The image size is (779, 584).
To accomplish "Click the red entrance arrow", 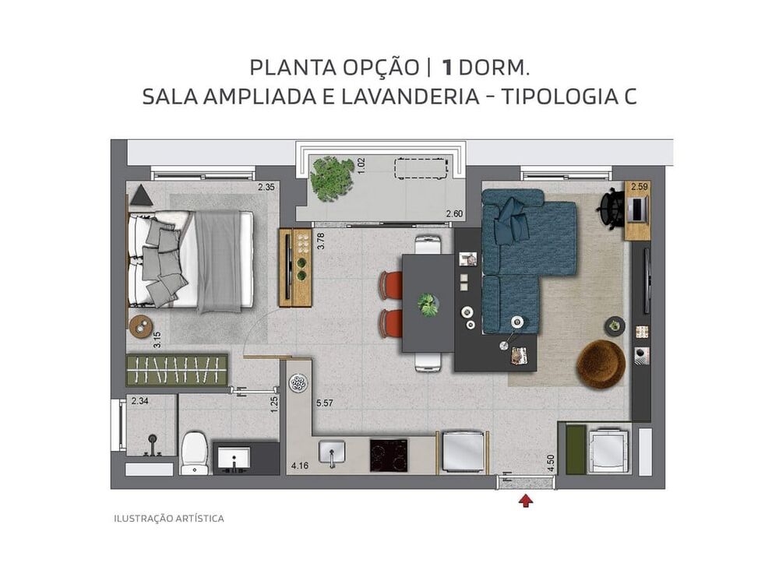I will pyautogui.click(x=527, y=501).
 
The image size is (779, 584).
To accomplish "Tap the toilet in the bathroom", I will pyautogui.click(x=194, y=453).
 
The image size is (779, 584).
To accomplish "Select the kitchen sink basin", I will pyautogui.click(x=332, y=452).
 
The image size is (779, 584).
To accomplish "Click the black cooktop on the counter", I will pyautogui.click(x=388, y=455).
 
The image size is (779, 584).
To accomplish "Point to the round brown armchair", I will pyautogui.click(x=601, y=364).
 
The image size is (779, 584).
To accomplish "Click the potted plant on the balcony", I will pyautogui.click(x=332, y=178).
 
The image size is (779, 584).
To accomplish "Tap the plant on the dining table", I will pyautogui.click(x=428, y=304).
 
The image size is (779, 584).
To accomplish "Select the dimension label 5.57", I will pyautogui.click(x=325, y=403).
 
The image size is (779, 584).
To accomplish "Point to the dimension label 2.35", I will pyautogui.click(x=267, y=187).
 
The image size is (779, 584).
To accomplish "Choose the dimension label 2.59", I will pyautogui.click(x=639, y=187).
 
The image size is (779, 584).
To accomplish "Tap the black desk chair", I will pyautogui.click(x=610, y=208).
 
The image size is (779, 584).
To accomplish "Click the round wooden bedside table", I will pyautogui.click(x=140, y=325).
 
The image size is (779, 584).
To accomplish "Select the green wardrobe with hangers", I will pyautogui.click(x=178, y=370).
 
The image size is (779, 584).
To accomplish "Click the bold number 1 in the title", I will pyautogui.click(x=447, y=67).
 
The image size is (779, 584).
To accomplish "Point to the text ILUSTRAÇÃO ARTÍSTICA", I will pyautogui.click(x=169, y=518).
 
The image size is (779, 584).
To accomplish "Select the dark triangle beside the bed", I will pyautogui.click(x=142, y=195).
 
